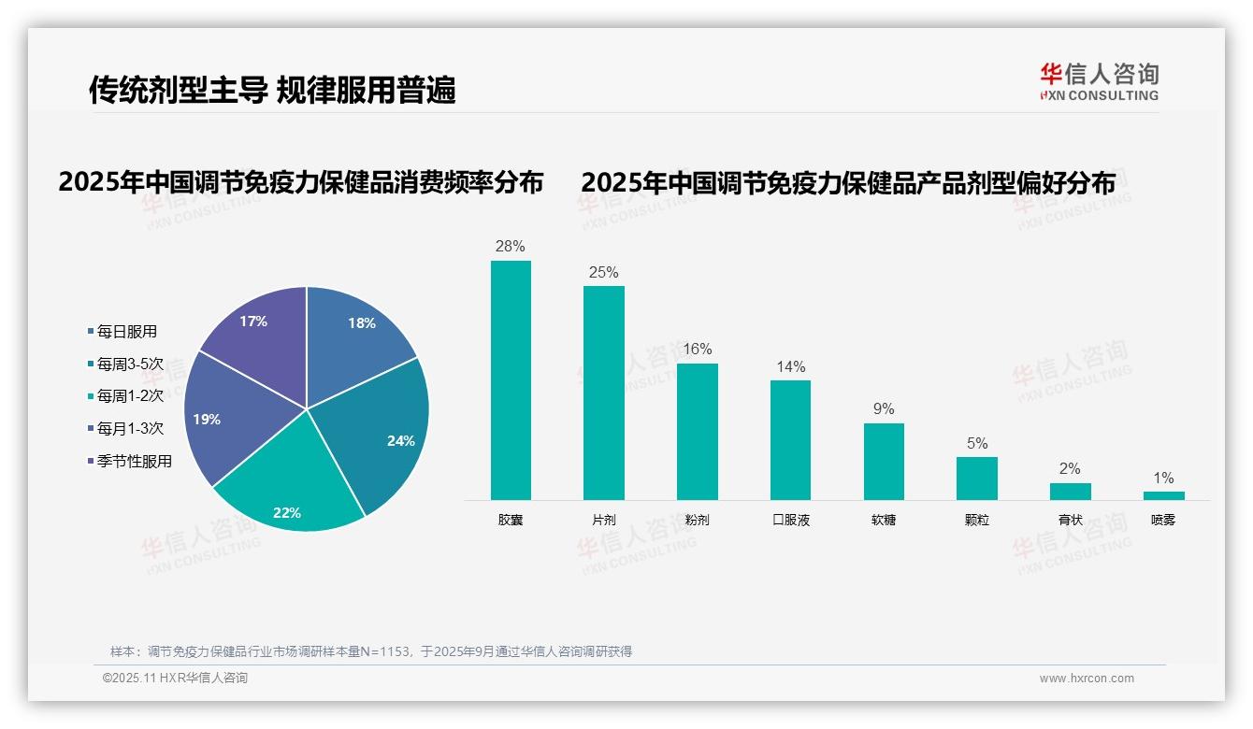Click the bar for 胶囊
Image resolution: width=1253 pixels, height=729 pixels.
(511, 380)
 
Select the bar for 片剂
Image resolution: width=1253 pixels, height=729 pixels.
(603, 393)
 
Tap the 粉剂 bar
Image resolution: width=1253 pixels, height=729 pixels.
(697, 432)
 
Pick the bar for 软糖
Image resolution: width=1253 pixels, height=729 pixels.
(884, 462)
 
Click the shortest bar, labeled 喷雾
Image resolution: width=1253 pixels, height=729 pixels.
(1163, 495)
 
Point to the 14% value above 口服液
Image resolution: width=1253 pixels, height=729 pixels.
(790, 367)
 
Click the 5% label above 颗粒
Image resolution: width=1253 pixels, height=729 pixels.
(976, 444)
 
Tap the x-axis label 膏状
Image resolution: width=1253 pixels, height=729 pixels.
(1070, 521)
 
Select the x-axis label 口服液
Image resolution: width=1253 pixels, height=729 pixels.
(790, 521)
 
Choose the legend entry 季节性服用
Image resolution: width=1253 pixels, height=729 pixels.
(134, 462)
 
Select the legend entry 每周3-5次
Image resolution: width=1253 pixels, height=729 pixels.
(130, 364)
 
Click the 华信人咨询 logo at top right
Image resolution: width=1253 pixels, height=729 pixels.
(1099, 81)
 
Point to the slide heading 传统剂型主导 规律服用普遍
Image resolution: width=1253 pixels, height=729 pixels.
(272, 90)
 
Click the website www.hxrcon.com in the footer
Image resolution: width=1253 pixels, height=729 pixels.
(1086, 679)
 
